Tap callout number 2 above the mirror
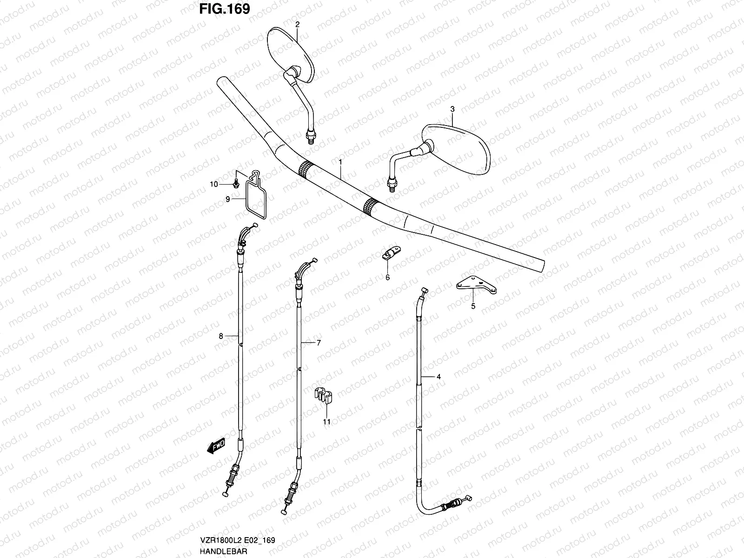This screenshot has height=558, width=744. [298, 23]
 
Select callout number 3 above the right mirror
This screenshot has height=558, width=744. [452, 109]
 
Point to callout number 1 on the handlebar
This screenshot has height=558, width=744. [340, 162]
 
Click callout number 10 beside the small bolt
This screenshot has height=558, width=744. [213, 185]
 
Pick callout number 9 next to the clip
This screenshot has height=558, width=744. [228, 199]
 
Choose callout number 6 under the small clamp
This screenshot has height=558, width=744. [387, 278]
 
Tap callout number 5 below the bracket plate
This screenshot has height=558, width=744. [473, 306]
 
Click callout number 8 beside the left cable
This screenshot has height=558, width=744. [221, 336]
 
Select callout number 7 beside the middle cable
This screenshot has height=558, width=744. [319, 343]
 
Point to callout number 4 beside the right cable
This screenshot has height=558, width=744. [438, 377]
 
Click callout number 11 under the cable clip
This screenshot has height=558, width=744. [327, 422]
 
